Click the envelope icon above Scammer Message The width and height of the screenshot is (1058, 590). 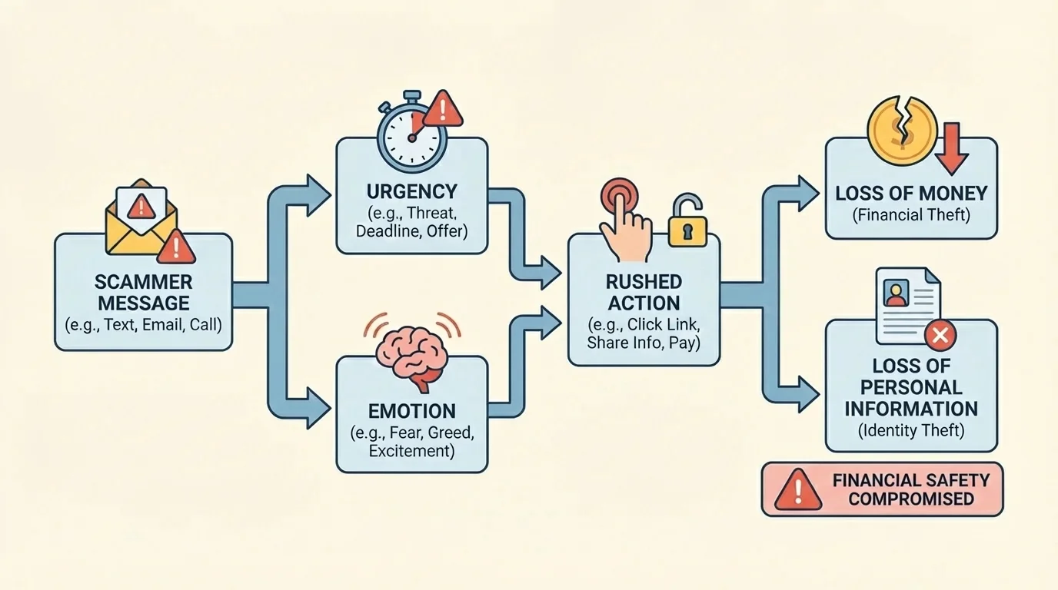point(142,217)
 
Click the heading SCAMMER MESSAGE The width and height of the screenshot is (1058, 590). point(144,293)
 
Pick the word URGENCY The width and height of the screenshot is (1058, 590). point(411,191)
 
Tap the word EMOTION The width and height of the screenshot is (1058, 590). point(411,410)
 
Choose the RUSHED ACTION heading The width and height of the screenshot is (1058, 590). point(644,292)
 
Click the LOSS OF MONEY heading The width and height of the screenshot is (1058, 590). point(911,193)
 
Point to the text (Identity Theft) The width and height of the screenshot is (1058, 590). point(911,431)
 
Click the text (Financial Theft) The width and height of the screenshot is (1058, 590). point(911,215)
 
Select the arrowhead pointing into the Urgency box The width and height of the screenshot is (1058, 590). point(318,190)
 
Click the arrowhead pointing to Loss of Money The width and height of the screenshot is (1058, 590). point(807,193)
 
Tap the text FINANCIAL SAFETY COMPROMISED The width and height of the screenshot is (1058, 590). point(911,489)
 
